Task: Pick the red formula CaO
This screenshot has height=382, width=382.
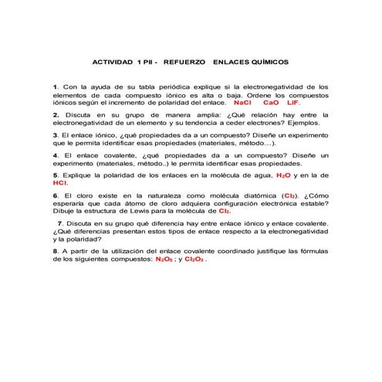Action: click(271, 102)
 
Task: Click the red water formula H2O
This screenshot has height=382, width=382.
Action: click(283, 175)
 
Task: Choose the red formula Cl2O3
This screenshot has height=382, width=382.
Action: click(194, 259)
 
